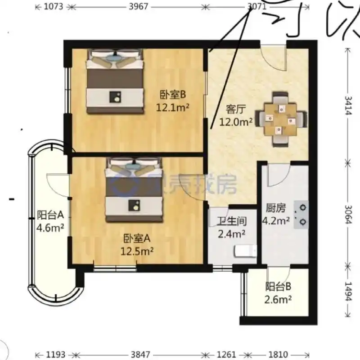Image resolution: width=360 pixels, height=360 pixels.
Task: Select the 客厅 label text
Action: [x=235, y=109]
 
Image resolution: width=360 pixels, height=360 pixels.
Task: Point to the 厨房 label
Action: [x=276, y=208]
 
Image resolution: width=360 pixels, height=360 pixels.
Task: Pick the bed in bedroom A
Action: [x=134, y=189]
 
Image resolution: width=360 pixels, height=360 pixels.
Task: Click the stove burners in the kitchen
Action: [x=301, y=215]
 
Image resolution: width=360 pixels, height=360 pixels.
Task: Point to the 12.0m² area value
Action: [x=235, y=121]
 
